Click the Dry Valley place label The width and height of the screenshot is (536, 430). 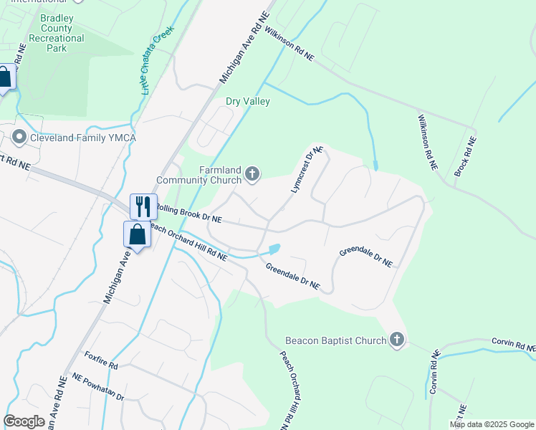point(248,101)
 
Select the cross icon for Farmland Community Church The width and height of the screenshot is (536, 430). point(252,173)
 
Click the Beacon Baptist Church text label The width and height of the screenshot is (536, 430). point(335,340)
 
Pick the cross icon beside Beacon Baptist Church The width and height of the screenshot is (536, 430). point(397,340)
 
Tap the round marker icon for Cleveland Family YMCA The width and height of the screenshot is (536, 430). point(19,136)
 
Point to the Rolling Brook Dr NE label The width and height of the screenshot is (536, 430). point(188,214)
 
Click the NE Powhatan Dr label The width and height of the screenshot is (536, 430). point(97,387)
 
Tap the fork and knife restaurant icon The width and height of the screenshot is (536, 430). point(143,207)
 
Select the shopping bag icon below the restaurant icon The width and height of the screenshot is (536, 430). point(137,234)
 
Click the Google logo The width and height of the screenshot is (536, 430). point(24,421)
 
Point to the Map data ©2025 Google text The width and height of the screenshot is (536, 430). point(491,424)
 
